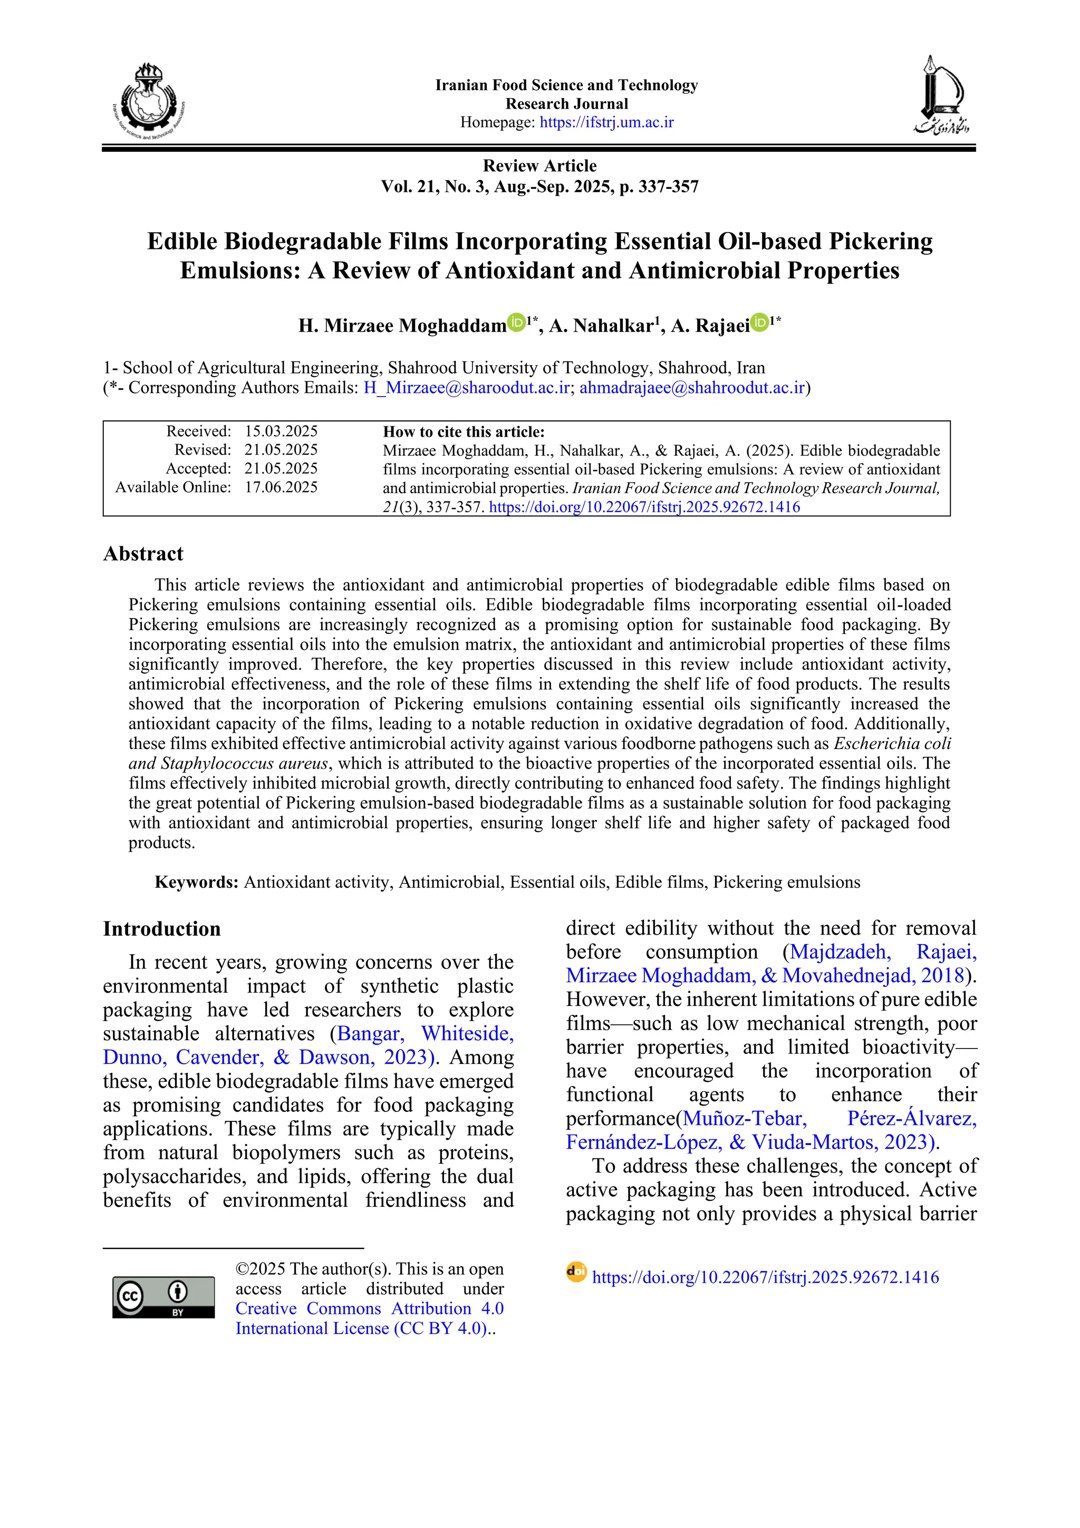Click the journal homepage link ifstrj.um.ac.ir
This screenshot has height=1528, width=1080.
(606, 122)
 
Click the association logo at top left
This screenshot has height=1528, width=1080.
(148, 101)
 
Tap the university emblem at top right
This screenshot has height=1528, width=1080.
(941, 96)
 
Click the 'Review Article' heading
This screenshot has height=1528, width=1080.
(539, 166)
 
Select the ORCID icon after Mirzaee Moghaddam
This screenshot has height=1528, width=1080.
(516, 323)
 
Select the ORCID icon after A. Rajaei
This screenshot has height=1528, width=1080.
(759, 323)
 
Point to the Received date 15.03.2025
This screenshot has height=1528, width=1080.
(281, 431)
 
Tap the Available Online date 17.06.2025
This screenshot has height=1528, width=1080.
(281, 487)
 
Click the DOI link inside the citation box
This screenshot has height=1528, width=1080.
(644, 507)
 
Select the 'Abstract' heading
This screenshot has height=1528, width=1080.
(143, 554)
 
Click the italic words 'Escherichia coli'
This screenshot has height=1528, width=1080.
(892, 743)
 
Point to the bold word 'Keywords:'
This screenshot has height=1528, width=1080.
(196, 882)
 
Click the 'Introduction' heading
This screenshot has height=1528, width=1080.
(162, 929)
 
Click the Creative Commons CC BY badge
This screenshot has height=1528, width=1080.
(163, 1297)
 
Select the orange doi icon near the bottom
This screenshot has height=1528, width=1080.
(576, 1272)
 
